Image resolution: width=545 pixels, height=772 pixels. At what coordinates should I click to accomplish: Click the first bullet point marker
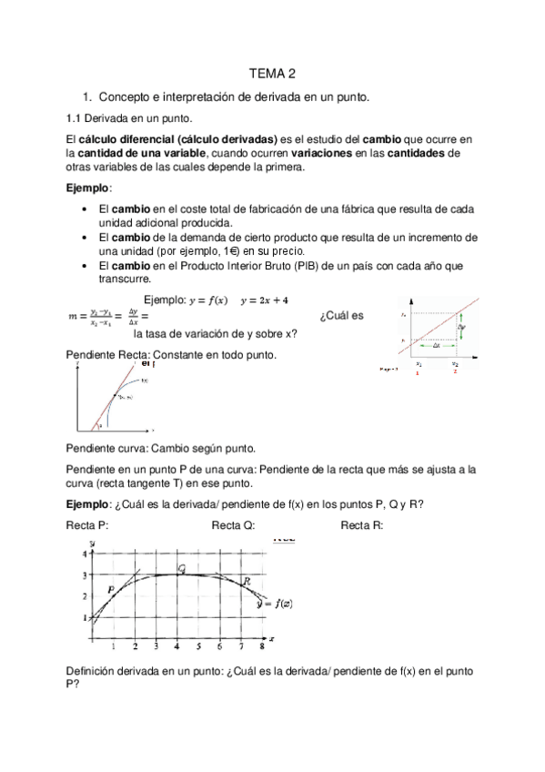(84, 209)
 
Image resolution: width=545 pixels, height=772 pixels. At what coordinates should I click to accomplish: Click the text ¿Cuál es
(342, 316)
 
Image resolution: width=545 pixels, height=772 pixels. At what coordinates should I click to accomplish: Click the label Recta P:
(88, 525)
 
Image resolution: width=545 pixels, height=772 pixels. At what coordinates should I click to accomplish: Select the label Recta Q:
(233, 525)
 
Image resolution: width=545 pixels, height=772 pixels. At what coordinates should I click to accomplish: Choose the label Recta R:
(362, 525)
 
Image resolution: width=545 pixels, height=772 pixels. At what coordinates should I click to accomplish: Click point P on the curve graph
(111, 590)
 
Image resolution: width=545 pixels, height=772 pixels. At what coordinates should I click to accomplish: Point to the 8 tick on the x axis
(262, 646)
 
